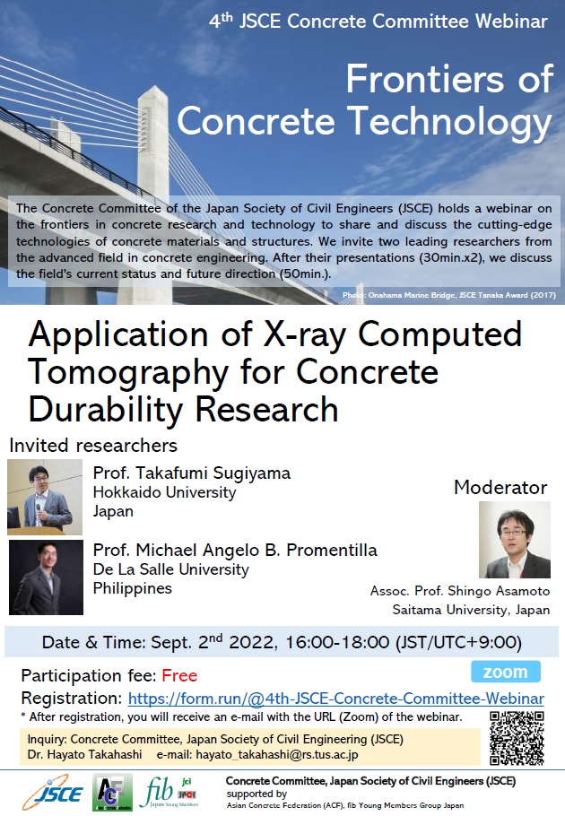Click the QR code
click(517, 737)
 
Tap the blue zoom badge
click(506, 672)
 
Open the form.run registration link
click(336, 698)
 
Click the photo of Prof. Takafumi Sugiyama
click(45, 499)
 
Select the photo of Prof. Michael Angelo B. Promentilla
click(45, 577)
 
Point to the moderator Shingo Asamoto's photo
click(515, 540)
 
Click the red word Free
click(180, 675)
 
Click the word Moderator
click(500, 488)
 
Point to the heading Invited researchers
click(93, 445)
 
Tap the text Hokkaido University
click(165, 492)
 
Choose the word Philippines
click(133, 588)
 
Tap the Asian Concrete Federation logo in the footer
click(113, 793)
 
